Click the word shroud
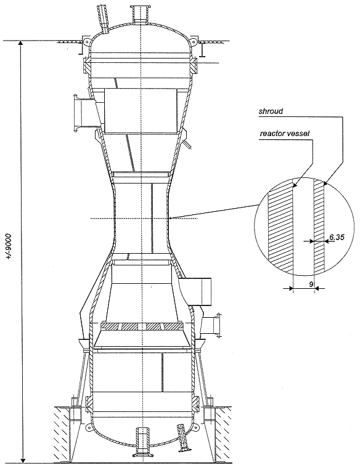tap(271, 111)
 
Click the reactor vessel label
tap(284, 134)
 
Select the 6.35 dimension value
tap(337, 237)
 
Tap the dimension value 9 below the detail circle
tap(311, 284)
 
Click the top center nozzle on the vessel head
tap(141, 14)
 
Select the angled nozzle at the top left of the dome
tap(103, 18)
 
